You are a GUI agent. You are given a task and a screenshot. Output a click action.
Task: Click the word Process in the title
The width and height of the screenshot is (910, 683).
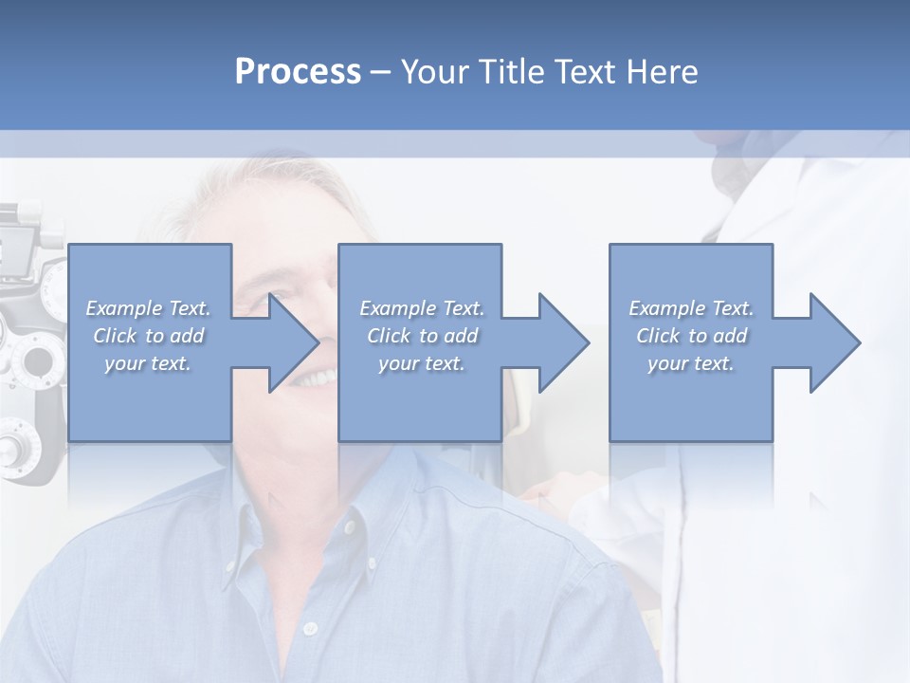(x=298, y=72)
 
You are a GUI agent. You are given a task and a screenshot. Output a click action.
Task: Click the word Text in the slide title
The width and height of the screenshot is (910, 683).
(x=582, y=72)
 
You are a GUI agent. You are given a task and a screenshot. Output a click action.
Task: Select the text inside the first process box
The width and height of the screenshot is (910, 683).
(x=148, y=336)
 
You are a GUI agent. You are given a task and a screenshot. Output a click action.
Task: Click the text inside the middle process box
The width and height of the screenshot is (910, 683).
(x=421, y=336)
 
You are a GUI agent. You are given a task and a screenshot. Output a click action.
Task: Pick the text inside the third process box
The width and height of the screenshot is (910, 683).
(x=690, y=336)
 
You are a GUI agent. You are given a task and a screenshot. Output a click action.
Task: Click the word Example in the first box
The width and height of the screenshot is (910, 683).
(x=124, y=308)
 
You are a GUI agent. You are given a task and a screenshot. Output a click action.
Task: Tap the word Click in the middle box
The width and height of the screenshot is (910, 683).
(x=388, y=336)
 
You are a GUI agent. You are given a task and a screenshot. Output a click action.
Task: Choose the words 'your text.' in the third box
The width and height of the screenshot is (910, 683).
(x=690, y=363)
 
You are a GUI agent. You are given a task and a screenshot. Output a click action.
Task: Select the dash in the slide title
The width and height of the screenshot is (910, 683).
(x=381, y=73)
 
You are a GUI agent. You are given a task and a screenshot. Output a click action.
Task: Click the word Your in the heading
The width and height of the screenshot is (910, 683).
(x=432, y=72)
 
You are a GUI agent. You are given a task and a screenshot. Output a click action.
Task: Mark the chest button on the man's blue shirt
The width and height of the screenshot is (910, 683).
(x=307, y=628)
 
